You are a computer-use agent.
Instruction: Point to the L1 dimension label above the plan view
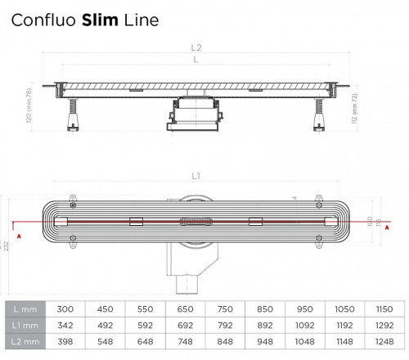(x=196, y=176)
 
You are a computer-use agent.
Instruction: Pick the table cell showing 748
(x=186, y=340)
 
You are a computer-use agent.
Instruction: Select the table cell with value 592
(x=146, y=326)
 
